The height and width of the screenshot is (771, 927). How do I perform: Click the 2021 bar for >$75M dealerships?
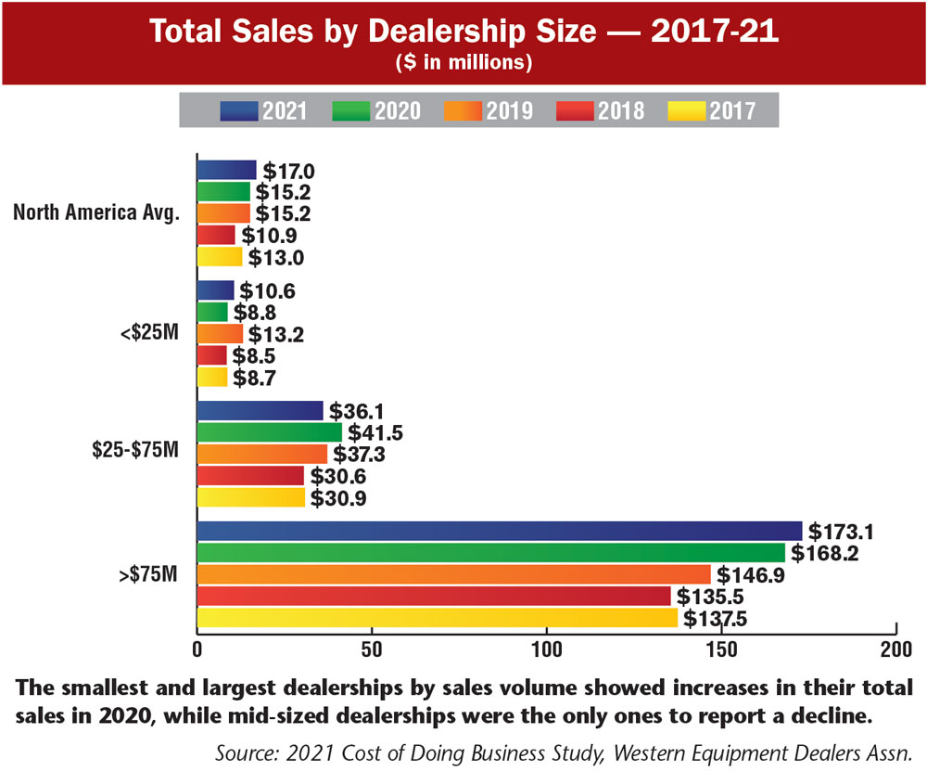click(x=499, y=531)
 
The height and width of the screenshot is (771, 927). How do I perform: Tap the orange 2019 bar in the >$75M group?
click(x=453, y=574)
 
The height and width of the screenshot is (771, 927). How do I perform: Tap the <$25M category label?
click(x=148, y=331)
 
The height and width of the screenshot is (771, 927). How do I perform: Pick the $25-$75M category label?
click(x=134, y=452)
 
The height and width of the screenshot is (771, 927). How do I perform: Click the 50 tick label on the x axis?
click(x=371, y=647)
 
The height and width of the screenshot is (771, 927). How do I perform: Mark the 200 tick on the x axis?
click(x=895, y=647)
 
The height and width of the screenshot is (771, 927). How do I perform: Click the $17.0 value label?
click(x=288, y=171)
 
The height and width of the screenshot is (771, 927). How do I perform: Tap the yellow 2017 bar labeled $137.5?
click(x=437, y=617)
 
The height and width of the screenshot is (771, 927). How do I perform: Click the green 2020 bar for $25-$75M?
click(x=269, y=432)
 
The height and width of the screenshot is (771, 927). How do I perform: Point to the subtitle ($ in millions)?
click(x=463, y=62)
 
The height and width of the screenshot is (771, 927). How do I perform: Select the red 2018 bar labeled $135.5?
click(x=433, y=596)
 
